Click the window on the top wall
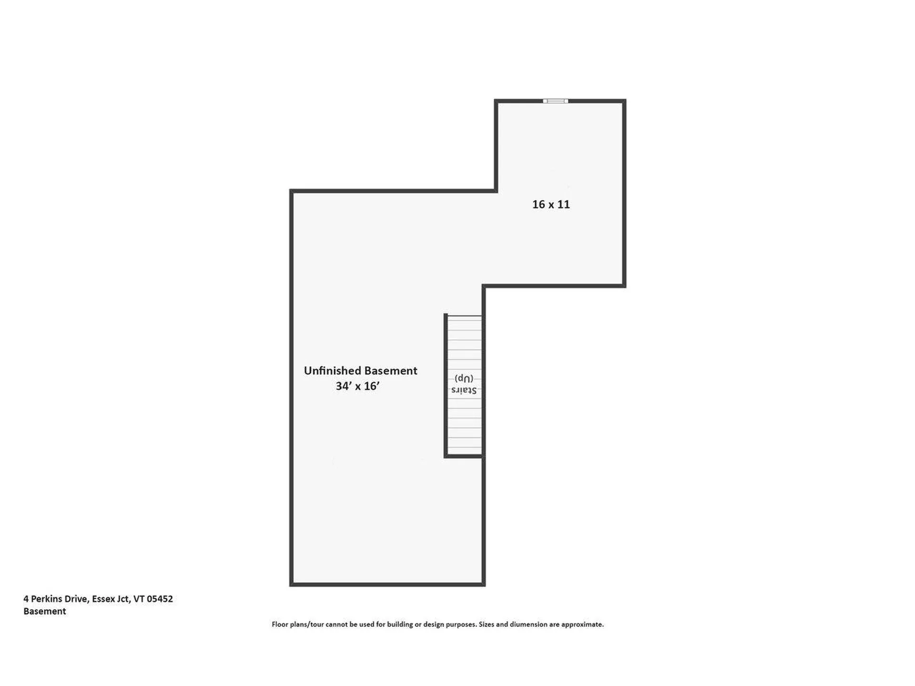(x=555, y=101)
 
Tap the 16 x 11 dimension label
(x=551, y=204)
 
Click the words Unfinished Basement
(x=360, y=371)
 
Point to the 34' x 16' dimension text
(x=357, y=386)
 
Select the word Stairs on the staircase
(x=464, y=390)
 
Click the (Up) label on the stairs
(x=464, y=378)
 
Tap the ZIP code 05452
(x=160, y=599)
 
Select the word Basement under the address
(x=45, y=611)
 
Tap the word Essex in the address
(x=103, y=599)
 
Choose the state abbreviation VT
(x=139, y=599)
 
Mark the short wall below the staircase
(x=464, y=456)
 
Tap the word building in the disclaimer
(x=400, y=624)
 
